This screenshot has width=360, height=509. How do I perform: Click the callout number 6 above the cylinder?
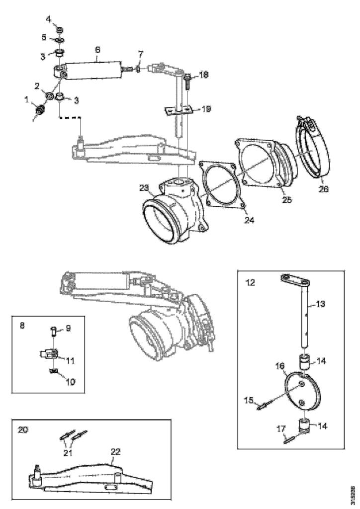pyautogui.click(x=97, y=50)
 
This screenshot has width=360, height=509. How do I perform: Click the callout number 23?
pyautogui.click(x=144, y=187)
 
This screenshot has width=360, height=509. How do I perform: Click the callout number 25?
pyautogui.click(x=287, y=199)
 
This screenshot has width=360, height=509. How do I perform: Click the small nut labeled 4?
pyautogui.click(x=59, y=30)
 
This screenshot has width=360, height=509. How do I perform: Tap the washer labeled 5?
pyautogui.click(x=59, y=40)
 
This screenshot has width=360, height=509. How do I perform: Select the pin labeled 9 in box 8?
pyautogui.click(x=53, y=332)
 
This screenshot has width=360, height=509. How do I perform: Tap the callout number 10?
pyautogui.click(x=70, y=382)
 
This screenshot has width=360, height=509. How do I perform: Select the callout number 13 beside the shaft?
pyautogui.click(x=320, y=304)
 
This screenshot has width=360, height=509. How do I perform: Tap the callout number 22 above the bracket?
pyautogui.click(x=115, y=451)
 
